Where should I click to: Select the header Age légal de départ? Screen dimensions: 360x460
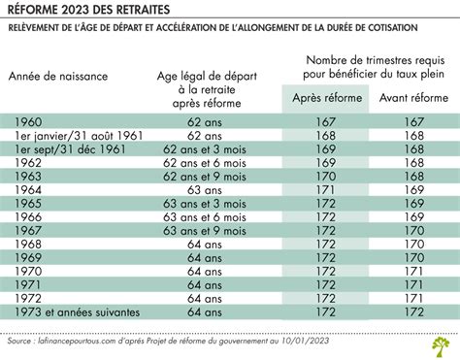205,75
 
